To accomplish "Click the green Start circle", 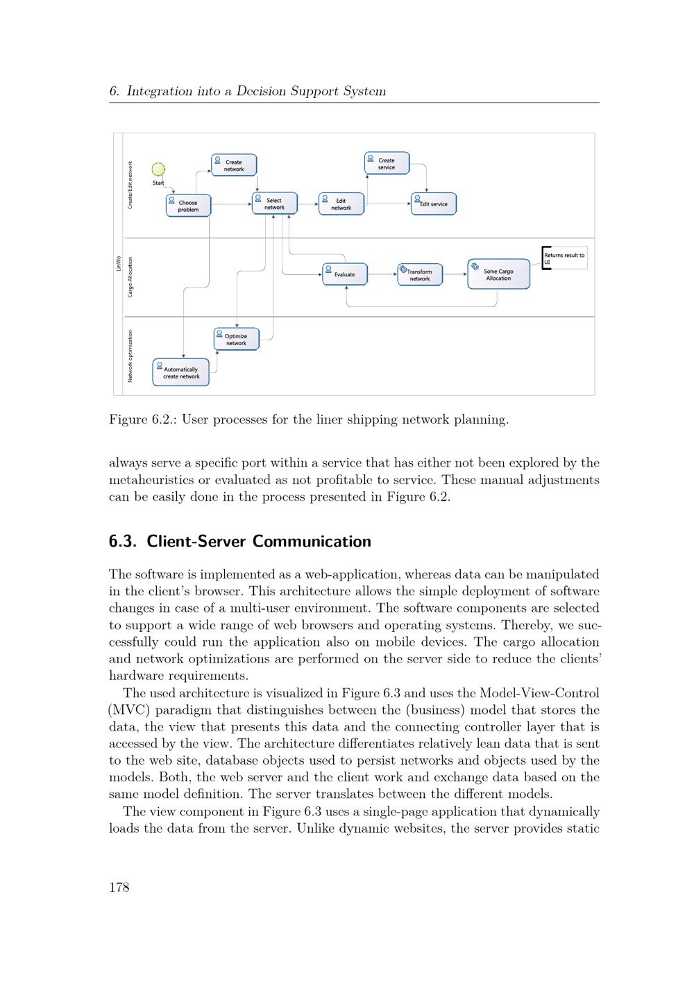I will pyautogui.click(x=158, y=169).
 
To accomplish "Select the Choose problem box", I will pyautogui.click(x=188, y=206).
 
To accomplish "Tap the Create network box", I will pyautogui.click(x=234, y=165).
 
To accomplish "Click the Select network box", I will pyautogui.click(x=274, y=203).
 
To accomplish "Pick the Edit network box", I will pyautogui.click(x=341, y=204).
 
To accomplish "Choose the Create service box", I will pyautogui.click(x=387, y=163).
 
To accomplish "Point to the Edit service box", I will pyautogui.click(x=434, y=203).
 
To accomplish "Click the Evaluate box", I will pyautogui.click(x=344, y=274).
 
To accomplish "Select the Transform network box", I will pyautogui.click(x=420, y=274).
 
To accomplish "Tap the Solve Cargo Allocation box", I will pyautogui.click(x=498, y=274).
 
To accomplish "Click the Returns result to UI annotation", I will pyautogui.click(x=564, y=258).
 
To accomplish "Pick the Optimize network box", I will pyautogui.click(x=236, y=340).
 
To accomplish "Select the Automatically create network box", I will pyautogui.click(x=180, y=372).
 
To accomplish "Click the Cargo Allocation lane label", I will pyautogui.click(x=130, y=278).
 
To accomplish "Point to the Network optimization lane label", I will pyautogui.click(x=130, y=356).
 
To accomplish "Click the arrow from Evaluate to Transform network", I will pyautogui.click(x=382, y=274).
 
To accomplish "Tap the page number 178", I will pyautogui.click(x=119, y=887).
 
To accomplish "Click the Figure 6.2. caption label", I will pyautogui.click(x=142, y=419).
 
